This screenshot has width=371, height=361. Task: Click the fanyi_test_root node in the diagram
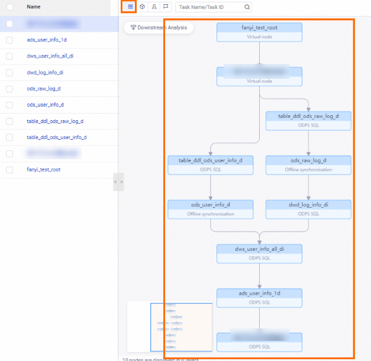point(259,32)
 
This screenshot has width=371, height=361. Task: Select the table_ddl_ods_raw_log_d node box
point(308,121)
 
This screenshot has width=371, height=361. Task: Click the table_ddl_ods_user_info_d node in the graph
point(211,165)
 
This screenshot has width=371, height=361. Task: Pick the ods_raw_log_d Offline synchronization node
point(308,165)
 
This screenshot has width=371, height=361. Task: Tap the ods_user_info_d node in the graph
point(211,209)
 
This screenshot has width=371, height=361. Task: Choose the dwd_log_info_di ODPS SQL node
point(308,209)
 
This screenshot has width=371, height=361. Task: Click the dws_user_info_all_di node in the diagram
point(259,253)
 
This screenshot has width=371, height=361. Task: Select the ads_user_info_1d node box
point(259,298)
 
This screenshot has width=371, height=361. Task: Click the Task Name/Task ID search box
point(209,7)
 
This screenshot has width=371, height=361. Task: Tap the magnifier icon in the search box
point(247,7)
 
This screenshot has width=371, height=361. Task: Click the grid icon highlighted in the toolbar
point(130,7)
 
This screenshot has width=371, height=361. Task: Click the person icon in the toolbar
point(154,7)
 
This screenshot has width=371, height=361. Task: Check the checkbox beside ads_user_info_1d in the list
point(9,40)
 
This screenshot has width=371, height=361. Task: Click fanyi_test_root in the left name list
point(43,169)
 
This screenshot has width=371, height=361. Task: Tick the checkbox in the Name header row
point(9,7)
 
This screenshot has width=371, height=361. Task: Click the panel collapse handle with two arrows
point(118,182)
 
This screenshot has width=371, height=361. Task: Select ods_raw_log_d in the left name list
point(44,88)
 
